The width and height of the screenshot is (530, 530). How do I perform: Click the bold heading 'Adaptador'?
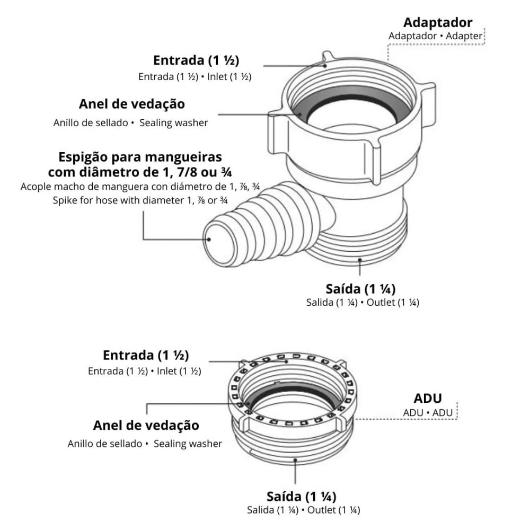[437, 23]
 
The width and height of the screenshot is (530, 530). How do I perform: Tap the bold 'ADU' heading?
[427, 398]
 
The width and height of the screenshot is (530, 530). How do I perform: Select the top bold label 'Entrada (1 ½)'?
[200, 60]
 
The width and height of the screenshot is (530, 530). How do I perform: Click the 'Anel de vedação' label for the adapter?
[132, 104]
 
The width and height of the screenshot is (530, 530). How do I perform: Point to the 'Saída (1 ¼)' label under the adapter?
[360, 289]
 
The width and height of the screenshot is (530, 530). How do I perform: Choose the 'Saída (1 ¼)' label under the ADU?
[301, 497]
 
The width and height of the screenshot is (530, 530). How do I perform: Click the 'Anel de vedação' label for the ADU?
[146, 425]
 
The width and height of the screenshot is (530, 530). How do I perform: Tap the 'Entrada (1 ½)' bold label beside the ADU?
[146, 355]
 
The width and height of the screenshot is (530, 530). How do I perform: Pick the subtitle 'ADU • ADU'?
[427, 412]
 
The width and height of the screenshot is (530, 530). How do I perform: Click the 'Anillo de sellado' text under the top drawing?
[90, 122]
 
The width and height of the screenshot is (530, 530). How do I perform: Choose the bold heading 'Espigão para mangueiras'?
[140, 157]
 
